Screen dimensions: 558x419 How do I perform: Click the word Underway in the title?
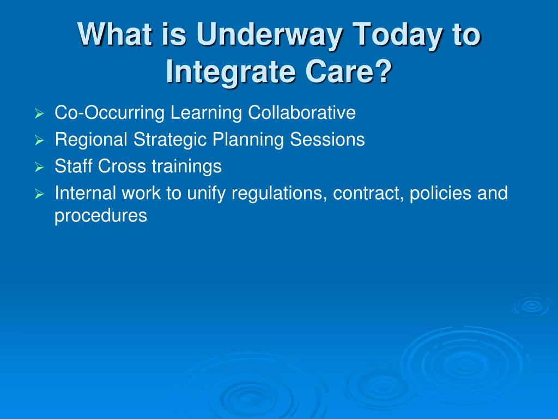269,35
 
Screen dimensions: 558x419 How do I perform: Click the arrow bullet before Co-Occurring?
39,114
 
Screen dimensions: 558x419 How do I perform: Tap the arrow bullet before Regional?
39,141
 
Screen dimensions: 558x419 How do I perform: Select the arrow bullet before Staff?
39,167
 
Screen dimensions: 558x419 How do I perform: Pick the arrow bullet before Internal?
39,194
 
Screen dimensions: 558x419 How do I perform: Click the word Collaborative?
302,112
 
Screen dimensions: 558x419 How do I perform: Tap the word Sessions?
327,139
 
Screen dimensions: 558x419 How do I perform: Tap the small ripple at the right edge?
532,305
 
